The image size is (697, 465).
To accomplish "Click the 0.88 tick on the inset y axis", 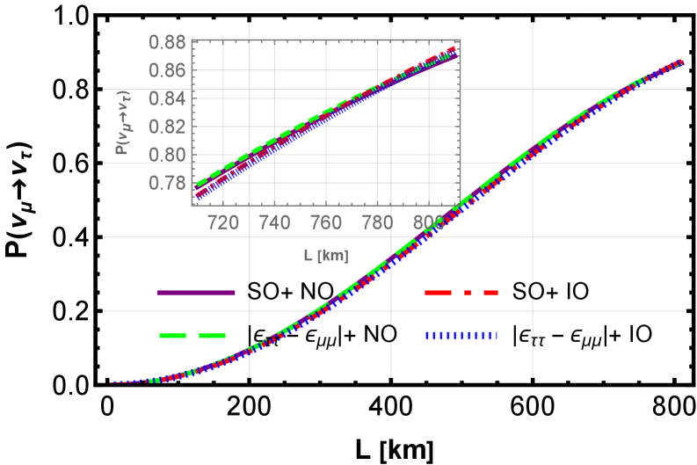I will (x=166, y=42).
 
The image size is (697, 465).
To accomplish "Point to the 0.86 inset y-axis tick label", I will (x=166, y=70).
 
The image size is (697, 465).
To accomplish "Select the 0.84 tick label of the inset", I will (x=166, y=98).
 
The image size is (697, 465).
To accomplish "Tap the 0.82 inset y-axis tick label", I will (x=166, y=127).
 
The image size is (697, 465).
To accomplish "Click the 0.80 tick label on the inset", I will (x=166, y=155).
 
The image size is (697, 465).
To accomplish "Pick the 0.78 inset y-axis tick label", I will (x=166, y=183).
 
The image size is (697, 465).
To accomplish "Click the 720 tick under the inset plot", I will (x=223, y=223).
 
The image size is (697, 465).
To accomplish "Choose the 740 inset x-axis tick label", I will (x=275, y=223).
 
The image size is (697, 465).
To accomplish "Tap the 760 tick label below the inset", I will (x=326, y=223).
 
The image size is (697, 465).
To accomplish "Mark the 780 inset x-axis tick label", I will (x=378, y=223).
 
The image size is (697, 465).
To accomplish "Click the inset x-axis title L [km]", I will (x=326, y=256).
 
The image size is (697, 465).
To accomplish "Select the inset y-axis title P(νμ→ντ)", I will (x=123, y=121).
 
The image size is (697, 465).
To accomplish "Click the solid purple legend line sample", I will (x=195, y=292).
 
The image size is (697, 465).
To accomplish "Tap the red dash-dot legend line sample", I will (x=461, y=292).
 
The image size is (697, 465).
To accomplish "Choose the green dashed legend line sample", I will (x=192, y=335).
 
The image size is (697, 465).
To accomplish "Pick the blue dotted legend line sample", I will (x=461, y=335).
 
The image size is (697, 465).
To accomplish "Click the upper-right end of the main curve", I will (x=682, y=62).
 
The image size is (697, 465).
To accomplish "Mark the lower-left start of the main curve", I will (x=113, y=383).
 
